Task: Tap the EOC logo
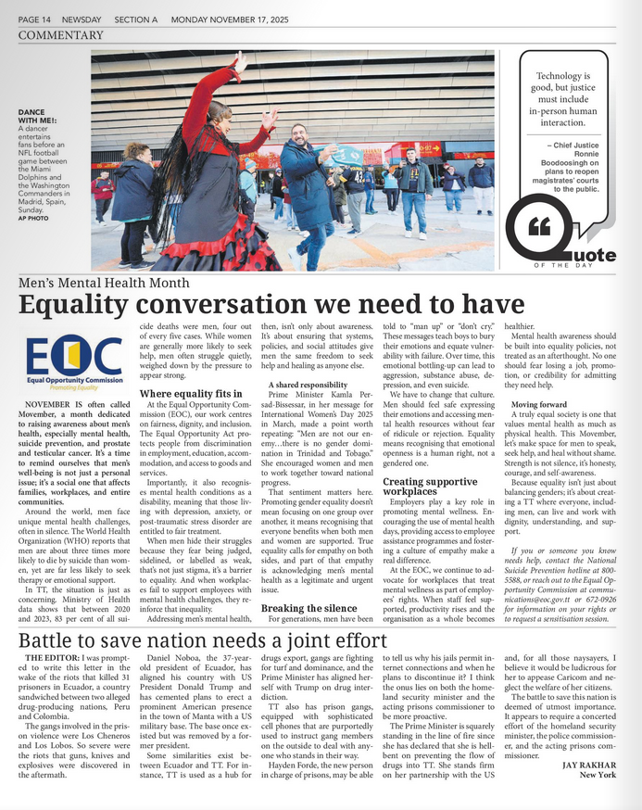[74, 361]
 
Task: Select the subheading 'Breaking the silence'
[308, 608]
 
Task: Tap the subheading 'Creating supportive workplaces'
[430, 487]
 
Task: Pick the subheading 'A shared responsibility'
[308, 385]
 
